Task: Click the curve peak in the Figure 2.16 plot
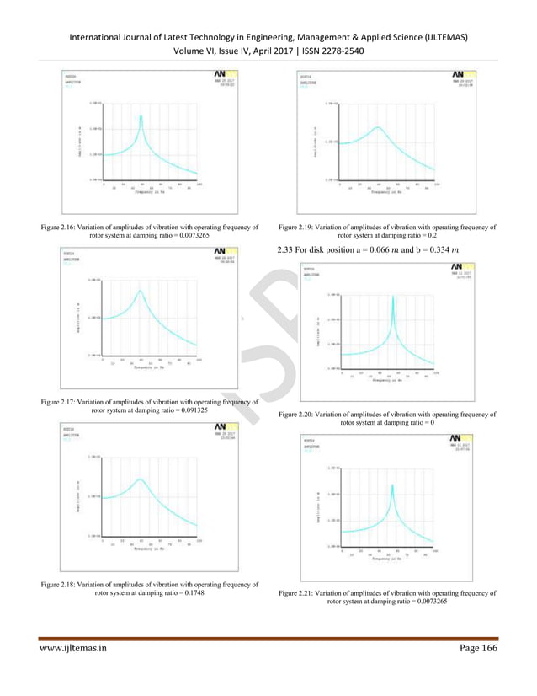(x=141, y=115)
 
